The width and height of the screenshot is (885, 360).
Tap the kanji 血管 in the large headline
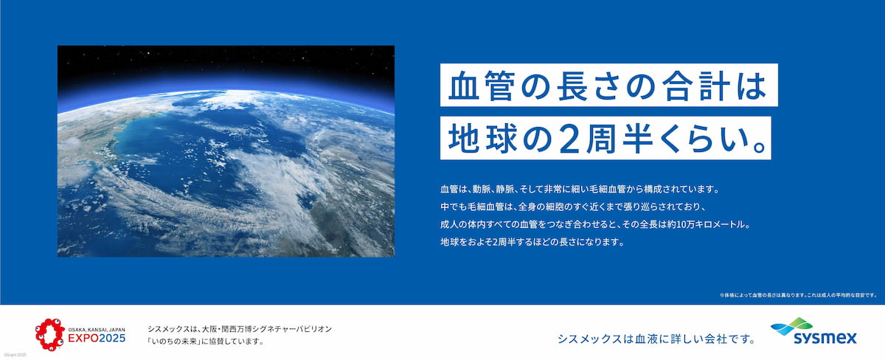[x=481, y=86]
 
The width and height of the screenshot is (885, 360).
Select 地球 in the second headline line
[x=483, y=138]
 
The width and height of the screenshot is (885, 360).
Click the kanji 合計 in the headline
[x=695, y=86]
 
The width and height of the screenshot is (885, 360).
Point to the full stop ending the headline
[x=760, y=148]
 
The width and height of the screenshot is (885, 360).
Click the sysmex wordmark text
[x=825, y=339]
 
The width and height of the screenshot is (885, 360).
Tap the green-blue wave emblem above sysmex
[x=791, y=326]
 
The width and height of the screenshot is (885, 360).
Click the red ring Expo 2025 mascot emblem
[x=50, y=335]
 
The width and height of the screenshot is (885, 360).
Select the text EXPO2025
[x=97, y=339]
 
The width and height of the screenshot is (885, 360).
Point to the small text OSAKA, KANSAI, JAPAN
[x=97, y=330]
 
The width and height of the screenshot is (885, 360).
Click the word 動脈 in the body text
[x=481, y=190]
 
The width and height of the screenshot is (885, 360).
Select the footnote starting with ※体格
[x=798, y=295]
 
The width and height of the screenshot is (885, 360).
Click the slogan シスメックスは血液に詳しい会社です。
[x=656, y=339]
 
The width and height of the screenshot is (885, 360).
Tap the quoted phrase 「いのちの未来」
[x=173, y=341]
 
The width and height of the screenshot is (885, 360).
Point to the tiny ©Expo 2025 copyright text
[x=15, y=355]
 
